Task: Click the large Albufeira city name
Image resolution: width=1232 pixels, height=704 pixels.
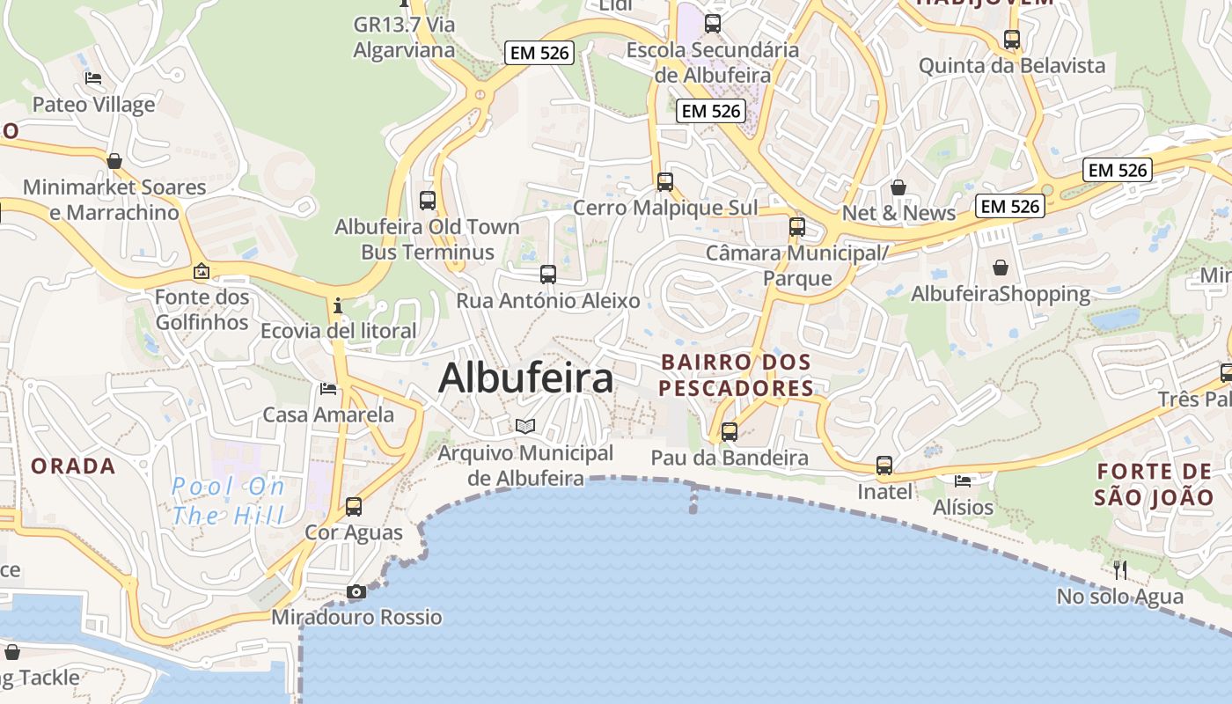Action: (x=525, y=378)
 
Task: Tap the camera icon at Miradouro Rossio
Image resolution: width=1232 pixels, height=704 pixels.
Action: (x=356, y=591)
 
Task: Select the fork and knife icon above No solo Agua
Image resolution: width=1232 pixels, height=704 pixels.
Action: (x=1119, y=570)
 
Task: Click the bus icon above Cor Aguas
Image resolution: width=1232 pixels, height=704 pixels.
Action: (x=354, y=506)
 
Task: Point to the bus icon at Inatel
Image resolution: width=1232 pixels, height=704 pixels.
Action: (x=884, y=466)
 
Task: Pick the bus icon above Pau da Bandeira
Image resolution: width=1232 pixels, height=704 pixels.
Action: (x=730, y=431)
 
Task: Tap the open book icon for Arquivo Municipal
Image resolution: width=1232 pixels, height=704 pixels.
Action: (x=525, y=427)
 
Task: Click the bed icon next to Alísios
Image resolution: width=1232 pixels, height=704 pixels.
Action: (x=963, y=481)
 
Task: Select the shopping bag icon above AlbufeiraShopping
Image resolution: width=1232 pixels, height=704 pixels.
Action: (x=1001, y=267)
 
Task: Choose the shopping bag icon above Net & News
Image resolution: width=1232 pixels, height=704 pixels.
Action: (x=898, y=187)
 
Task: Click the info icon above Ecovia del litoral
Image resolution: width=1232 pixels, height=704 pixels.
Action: (x=338, y=305)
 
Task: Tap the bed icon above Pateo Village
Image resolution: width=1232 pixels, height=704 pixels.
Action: (x=93, y=78)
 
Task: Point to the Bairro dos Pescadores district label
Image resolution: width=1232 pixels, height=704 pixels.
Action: (x=736, y=375)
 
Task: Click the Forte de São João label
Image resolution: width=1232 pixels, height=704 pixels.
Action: (x=1154, y=484)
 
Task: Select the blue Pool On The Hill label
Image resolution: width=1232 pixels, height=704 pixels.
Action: (x=229, y=500)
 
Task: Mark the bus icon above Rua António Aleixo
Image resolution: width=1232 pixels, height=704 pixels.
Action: (x=548, y=274)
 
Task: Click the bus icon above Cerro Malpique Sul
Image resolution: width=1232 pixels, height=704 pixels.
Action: (x=665, y=182)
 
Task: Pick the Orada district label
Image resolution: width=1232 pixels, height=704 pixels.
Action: (x=74, y=466)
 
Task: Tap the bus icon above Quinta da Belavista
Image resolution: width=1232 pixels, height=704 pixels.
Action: (x=1012, y=40)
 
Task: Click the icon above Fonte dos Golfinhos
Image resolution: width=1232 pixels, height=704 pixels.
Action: (x=202, y=271)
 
